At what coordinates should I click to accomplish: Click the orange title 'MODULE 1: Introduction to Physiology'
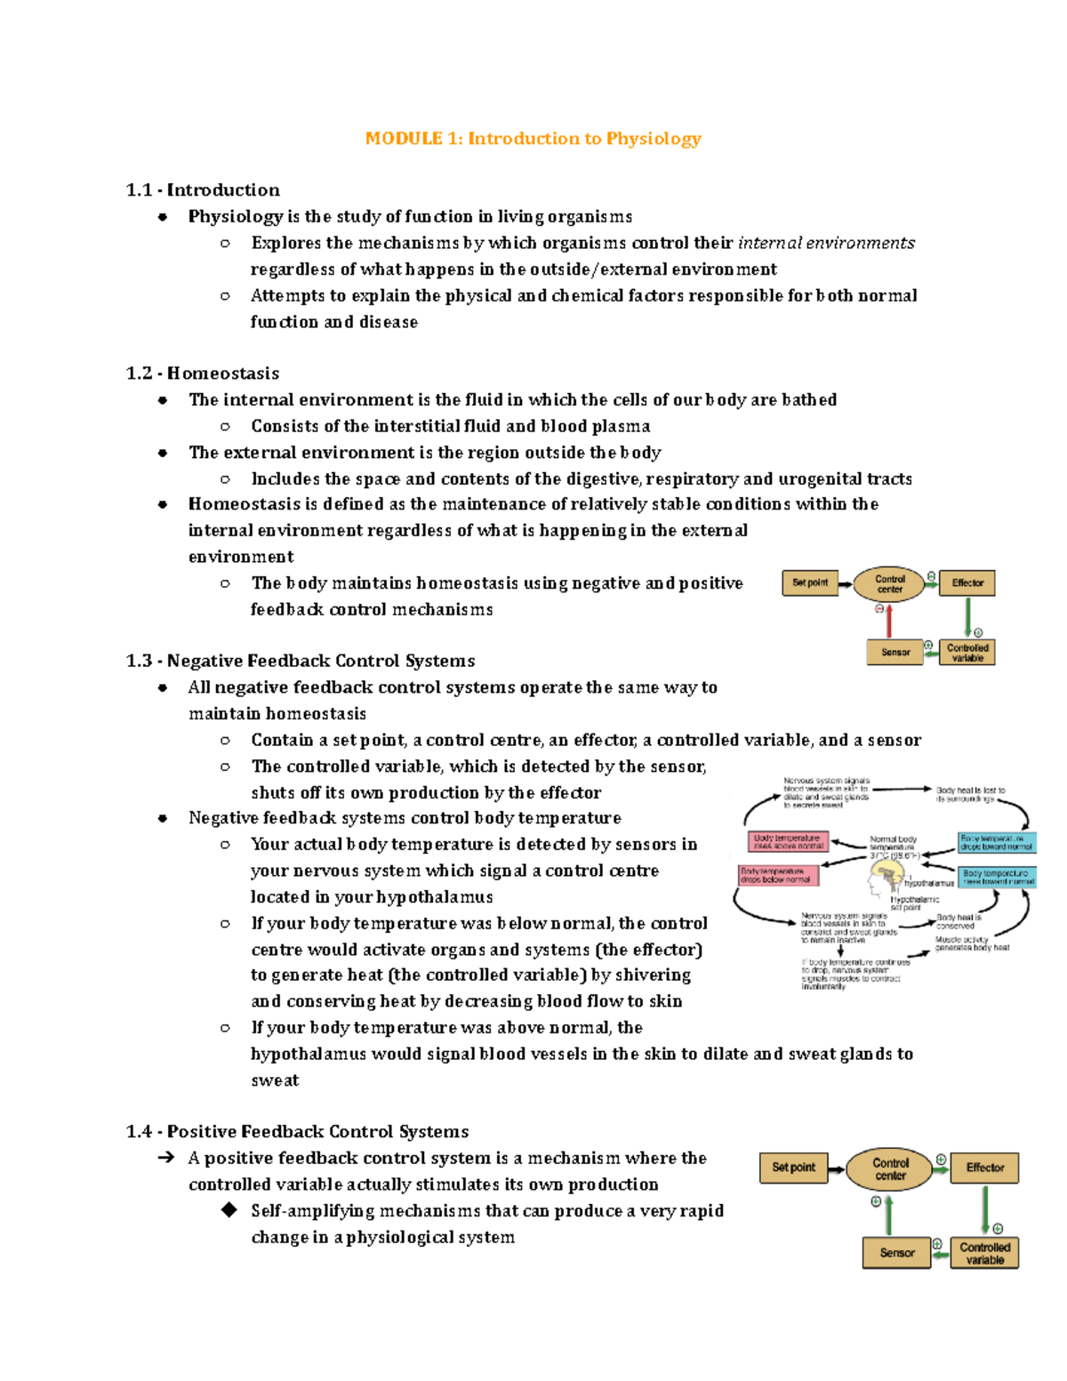(533, 139)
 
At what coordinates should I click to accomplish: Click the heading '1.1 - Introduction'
(203, 190)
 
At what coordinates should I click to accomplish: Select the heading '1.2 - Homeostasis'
(203, 373)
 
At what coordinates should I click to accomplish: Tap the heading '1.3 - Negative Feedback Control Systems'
(301, 661)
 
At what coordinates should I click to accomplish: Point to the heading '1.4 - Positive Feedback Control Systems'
(297, 1132)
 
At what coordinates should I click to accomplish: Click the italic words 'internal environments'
(826, 243)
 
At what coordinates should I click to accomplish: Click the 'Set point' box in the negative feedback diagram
(809, 583)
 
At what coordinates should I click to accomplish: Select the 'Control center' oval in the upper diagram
(889, 584)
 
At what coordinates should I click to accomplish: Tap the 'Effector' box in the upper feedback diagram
(967, 583)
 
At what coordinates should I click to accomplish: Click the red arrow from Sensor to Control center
(888, 620)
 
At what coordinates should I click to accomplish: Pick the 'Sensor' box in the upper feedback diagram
(895, 653)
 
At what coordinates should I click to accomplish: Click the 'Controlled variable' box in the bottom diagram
(984, 1253)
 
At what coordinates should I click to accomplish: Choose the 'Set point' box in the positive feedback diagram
(793, 1168)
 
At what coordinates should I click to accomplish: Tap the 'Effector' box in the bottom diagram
(984, 1168)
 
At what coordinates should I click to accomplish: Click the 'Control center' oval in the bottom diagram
(890, 1168)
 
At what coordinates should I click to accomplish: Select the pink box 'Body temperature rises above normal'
(788, 841)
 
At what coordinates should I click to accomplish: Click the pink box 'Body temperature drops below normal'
(778, 875)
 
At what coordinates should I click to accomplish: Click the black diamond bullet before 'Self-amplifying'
(229, 1210)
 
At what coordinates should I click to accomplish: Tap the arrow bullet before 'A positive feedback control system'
(165, 1158)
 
